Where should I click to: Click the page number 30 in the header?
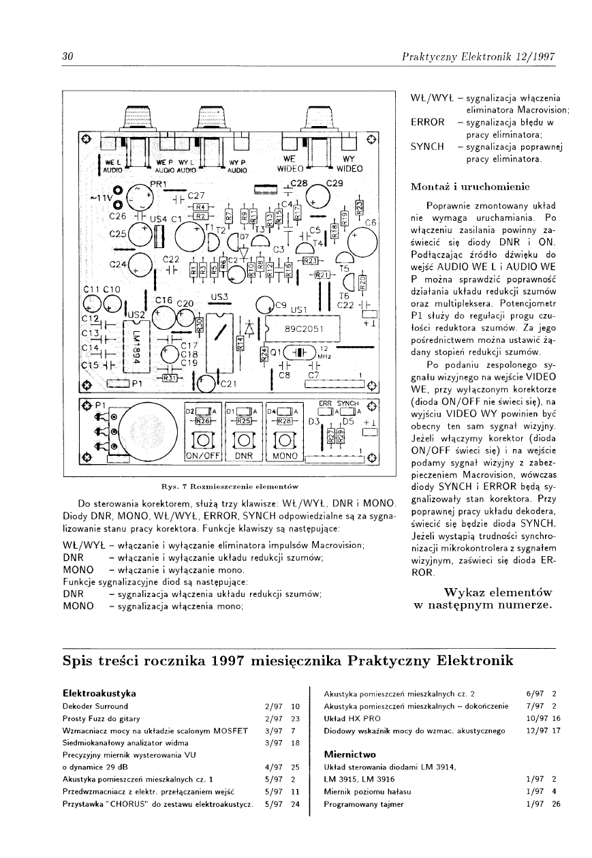(67, 56)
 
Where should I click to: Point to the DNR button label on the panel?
(244, 455)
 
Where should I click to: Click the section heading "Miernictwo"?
(349, 754)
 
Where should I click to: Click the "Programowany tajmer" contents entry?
(364, 804)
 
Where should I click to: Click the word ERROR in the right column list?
(427, 123)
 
